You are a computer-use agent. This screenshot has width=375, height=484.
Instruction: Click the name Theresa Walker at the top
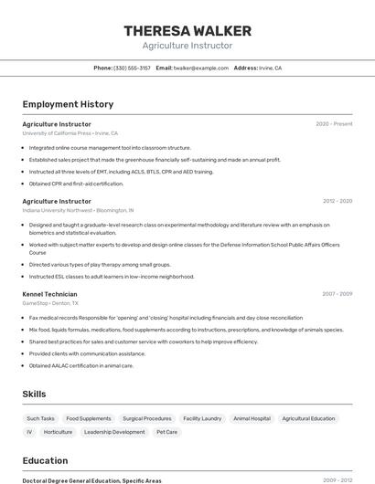click(187, 31)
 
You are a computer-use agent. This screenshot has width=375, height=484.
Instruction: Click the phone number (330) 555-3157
click(133, 68)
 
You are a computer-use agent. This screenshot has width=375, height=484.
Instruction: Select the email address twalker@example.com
click(201, 68)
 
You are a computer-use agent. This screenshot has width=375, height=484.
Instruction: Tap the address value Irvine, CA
click(272, 68)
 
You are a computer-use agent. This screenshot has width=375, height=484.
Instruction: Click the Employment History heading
click(68, 104)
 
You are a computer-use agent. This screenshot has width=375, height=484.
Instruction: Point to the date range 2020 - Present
click(334, 124)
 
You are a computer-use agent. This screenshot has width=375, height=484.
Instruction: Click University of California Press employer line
click(70, 133)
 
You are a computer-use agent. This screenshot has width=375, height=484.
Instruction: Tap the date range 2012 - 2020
click(337, 201)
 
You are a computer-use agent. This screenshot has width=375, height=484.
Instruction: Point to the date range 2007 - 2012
click(337, 294)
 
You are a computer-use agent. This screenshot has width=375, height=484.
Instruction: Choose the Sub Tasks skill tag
click(41, 418)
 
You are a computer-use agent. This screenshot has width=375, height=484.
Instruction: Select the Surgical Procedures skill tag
click(147, 418)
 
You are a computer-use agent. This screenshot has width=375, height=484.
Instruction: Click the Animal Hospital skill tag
click(252, 418)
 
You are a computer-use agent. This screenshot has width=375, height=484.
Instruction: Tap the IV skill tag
click(29, 432)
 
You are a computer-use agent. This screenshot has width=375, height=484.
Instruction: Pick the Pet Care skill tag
click(167, 432)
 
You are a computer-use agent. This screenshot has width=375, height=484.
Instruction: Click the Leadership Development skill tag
click(114, 432)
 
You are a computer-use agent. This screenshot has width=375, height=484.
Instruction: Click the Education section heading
click(45, 460)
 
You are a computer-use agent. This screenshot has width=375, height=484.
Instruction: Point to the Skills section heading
click(35, 394)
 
